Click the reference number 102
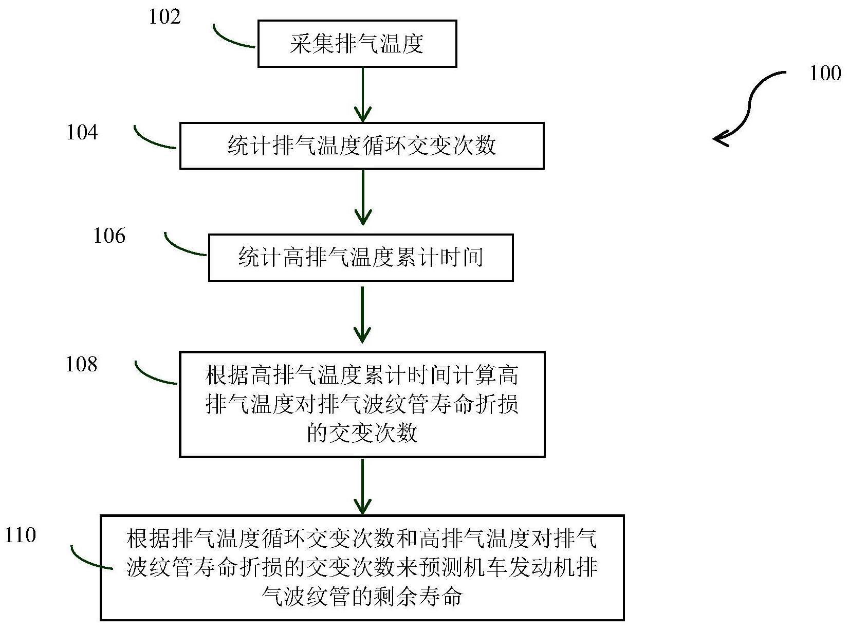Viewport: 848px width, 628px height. click(165, 17)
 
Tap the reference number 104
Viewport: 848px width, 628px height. click(82, 133)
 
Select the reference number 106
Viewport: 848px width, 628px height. click(109, 236)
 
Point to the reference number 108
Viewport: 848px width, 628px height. click(82, 365)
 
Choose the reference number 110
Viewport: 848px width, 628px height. click(21, 535)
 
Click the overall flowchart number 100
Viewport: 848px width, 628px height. click(825, 74)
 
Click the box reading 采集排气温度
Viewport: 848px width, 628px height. click(357, 44)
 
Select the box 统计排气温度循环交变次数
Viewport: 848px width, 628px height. click(362, 146)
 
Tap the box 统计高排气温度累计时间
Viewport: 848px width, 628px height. click(361, 258)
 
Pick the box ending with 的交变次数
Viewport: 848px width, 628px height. click(362, 404)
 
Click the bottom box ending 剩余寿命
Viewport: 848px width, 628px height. click(362, 568)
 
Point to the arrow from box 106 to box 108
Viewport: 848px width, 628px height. click(363, 314)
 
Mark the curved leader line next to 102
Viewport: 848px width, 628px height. click(231, 39)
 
